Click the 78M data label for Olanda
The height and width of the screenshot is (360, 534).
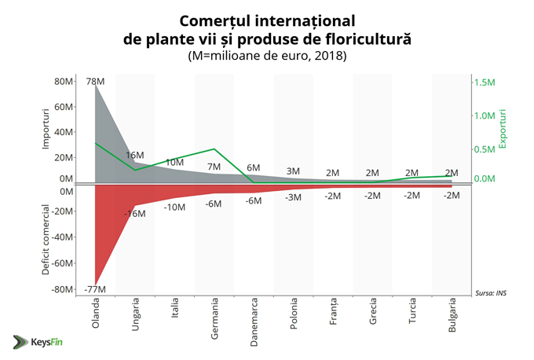(95, 82)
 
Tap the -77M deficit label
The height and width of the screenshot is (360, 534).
(95, 290)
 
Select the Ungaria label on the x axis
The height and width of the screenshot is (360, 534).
(135, 319)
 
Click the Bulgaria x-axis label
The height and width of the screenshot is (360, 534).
(452, 318)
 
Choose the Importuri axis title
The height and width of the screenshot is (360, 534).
(46, 130)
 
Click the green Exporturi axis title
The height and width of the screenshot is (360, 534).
(503, 130)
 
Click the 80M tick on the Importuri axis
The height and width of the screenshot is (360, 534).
(63, 82)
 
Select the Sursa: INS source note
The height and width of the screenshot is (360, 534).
(492, 293)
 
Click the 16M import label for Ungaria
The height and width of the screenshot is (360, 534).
(135, 155)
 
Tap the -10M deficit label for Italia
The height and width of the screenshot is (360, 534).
(174, 208)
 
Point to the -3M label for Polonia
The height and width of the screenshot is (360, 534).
(293, 197)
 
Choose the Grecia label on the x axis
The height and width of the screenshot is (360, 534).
(372, 318)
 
